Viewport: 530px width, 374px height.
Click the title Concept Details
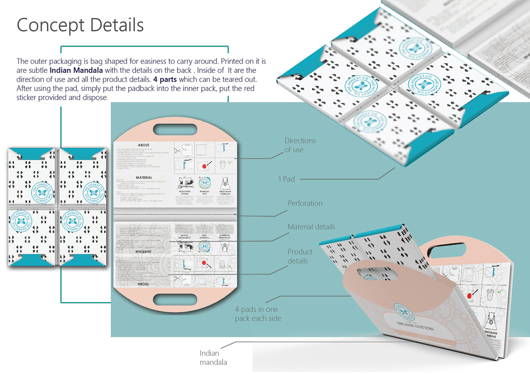[80, 25]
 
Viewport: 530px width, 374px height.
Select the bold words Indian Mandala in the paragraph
[76, 70]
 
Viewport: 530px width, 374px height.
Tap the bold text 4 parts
[165, 79]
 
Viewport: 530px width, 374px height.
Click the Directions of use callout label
[299, 145]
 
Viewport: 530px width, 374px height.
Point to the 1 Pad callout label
[286, 179]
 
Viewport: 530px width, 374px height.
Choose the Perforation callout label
[305, 203]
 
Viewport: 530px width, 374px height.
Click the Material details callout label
[311, 227]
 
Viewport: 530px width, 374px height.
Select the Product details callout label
[299, 256]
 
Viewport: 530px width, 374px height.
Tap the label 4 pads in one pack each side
[258, 314]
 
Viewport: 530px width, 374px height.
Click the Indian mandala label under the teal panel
[213, 357]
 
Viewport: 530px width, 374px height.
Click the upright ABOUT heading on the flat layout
[143, 145]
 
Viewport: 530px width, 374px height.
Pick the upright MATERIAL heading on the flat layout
[144, 178]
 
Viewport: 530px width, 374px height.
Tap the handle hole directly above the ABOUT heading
[175, 130]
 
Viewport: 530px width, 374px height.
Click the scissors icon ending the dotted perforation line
[235, 215]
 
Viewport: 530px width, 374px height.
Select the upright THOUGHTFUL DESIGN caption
[185, 193]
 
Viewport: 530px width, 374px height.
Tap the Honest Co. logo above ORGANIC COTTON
[403, 312]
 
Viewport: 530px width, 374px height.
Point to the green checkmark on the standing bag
[500, 291]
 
